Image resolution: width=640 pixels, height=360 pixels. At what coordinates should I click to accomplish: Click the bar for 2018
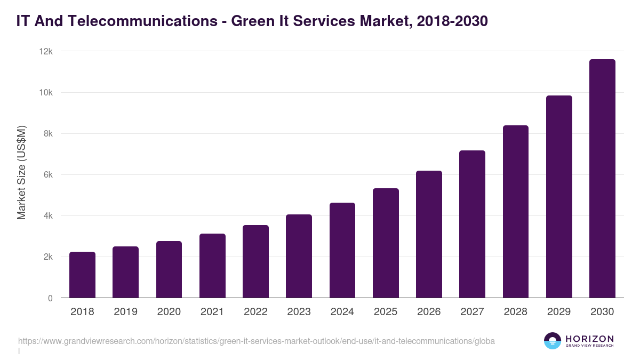(x=82, y=275)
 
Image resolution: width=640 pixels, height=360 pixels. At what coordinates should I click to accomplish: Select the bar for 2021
(x=212, y=266)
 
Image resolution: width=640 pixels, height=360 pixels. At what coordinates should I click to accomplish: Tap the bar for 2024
(x=342, y=250)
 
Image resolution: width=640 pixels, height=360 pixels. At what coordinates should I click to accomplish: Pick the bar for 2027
(x=472, y=224)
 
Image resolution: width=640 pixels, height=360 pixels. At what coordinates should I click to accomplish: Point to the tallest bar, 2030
(x=602, y=179)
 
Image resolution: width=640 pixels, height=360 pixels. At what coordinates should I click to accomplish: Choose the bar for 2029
(x=559, y=197)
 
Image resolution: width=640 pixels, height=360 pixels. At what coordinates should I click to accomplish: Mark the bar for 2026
(x=429, y=234)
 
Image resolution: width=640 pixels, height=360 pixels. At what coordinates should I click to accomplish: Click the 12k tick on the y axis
(x=46, y=52)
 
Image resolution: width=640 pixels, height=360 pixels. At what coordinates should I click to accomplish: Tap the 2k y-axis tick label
(x=48, y=257)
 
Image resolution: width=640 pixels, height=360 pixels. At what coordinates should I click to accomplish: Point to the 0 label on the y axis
(x=50, y=298)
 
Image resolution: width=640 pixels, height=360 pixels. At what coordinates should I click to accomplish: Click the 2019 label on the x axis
(x=125, y=312)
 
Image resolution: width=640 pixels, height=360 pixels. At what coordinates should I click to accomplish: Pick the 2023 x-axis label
(x=299, y=312)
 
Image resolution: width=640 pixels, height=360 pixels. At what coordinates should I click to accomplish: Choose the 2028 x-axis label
(x=516, y=312)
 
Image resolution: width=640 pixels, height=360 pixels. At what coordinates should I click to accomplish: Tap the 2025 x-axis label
(x=386, y=312)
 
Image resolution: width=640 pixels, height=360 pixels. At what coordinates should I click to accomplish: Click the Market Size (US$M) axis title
(x=21, y=172)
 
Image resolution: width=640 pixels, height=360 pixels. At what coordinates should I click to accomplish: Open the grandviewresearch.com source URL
(x=256, y=341)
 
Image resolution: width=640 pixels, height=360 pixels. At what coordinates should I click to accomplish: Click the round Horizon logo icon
(x=553, y=341)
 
